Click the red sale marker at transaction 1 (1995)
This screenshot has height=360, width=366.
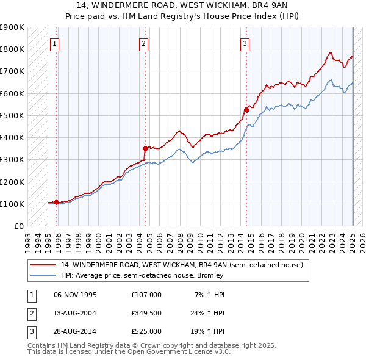[57, 202]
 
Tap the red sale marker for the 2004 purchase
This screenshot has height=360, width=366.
[145, 148]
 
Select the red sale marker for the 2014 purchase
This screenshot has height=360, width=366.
[247, 110]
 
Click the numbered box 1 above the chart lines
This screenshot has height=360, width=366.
[54, 43]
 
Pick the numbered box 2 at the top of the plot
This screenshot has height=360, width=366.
[143, 43]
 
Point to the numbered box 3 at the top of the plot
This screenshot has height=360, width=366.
[245, 43]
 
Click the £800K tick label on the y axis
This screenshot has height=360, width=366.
[12, 49]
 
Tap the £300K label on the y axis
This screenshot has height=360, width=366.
[12, 159]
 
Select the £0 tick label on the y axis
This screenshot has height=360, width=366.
[18, 226]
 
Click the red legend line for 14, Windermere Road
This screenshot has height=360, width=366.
[43, 265]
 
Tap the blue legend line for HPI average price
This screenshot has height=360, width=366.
[43, 275]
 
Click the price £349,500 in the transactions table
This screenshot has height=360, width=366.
[146, 313]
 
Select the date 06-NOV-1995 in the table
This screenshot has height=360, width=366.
[75, 295]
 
